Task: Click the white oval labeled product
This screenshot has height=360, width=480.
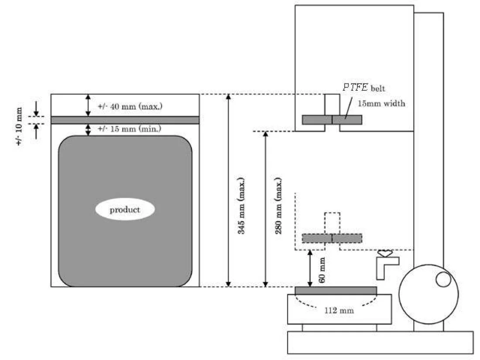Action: point(125,209)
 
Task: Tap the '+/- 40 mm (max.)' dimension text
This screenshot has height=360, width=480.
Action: point(130,106)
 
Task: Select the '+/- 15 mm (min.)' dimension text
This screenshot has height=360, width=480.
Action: point(130,129)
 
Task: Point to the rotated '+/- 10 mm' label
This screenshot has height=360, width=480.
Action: point(19,126)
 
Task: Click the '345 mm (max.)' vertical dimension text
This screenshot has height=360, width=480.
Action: point(242,206)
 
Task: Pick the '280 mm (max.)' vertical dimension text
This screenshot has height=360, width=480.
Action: point(278,206)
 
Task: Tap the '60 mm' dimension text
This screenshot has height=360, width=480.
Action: point(322,270)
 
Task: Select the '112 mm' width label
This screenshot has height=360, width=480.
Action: point(339,310)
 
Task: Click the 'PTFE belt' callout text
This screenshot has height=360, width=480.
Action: point(363,88)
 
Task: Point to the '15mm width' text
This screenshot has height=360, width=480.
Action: point(381,103)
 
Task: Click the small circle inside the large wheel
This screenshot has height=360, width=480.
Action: point(443,279)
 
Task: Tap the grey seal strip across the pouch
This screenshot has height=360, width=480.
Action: point(125,120)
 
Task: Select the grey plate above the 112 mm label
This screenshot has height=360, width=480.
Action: point(336,291)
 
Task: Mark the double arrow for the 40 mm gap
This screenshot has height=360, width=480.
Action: point(88,105)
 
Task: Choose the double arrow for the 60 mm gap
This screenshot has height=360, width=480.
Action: point(310,268)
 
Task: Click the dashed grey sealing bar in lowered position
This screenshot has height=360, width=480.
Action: point(332,238)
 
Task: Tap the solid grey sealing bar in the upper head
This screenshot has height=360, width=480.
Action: point(332,120)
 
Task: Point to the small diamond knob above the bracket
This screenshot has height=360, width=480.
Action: point(385,253)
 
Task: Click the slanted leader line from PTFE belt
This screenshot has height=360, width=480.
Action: point(349,108)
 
